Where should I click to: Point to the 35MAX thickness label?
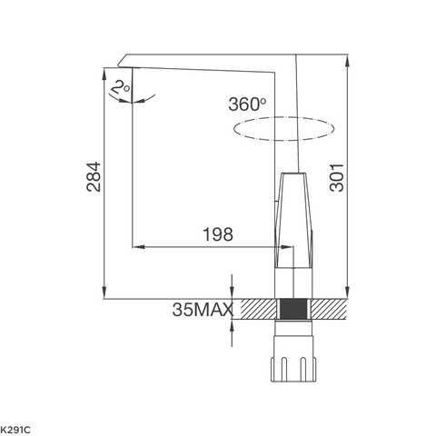click(x=202, y=310)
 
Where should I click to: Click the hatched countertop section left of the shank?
click(x=256, y=309)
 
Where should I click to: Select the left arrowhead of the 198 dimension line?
click(x=137, y=245)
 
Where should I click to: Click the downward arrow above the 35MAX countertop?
click(x=232, y=293)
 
